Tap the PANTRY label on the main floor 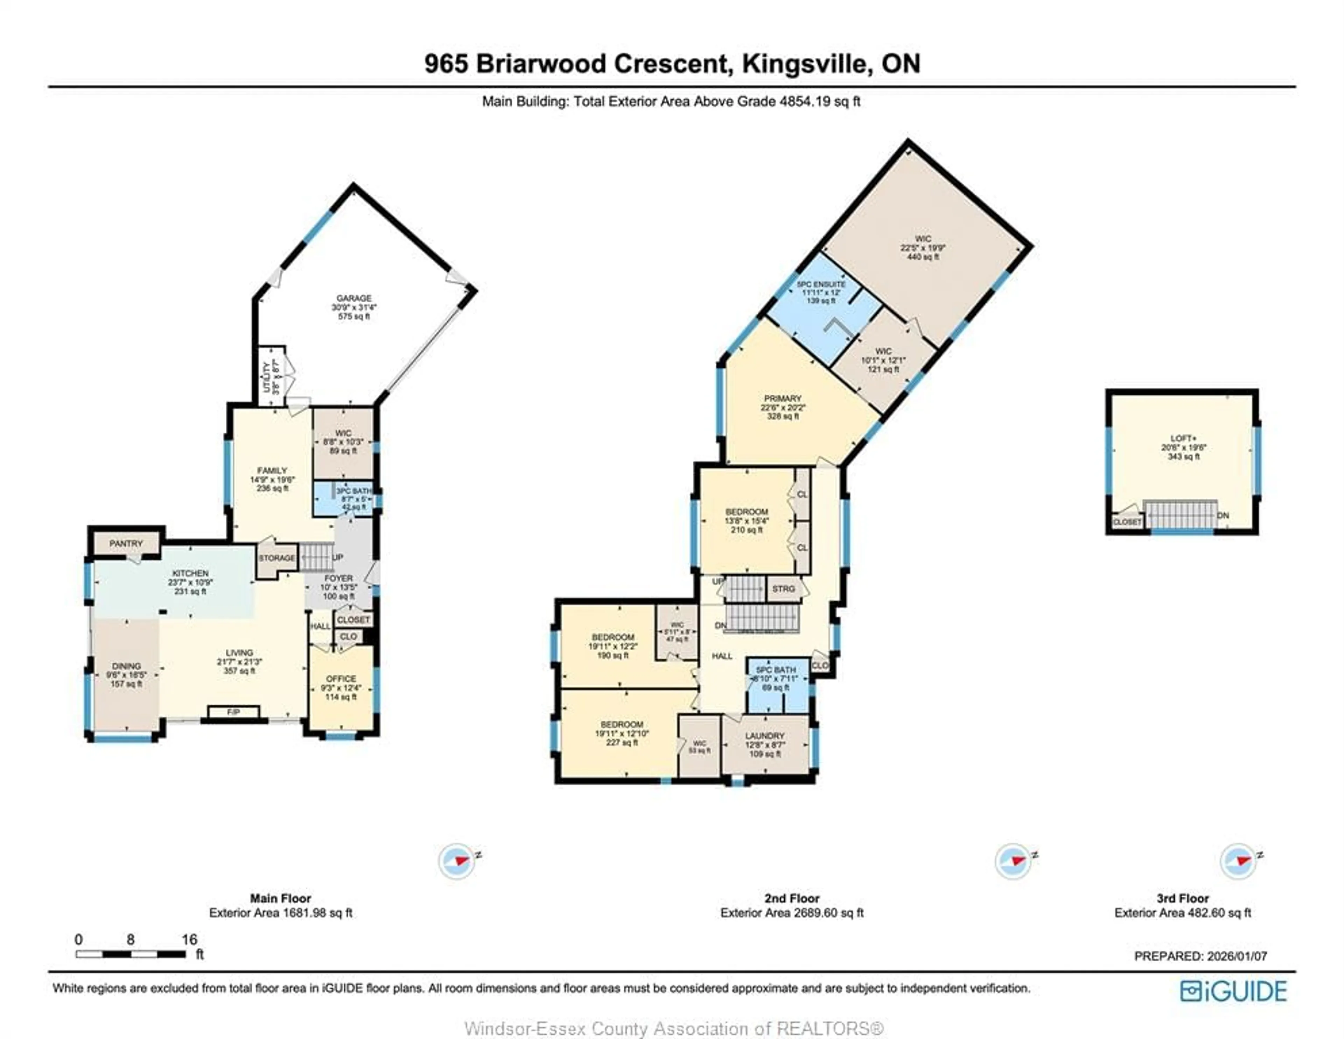coord(126,544)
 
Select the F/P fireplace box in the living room coord(233,712)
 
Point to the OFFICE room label coord(341,679)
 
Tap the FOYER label coord(338,578)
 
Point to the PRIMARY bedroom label coord(783,398)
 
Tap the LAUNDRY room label coord(765,736)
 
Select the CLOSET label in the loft coord(1127,522)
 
